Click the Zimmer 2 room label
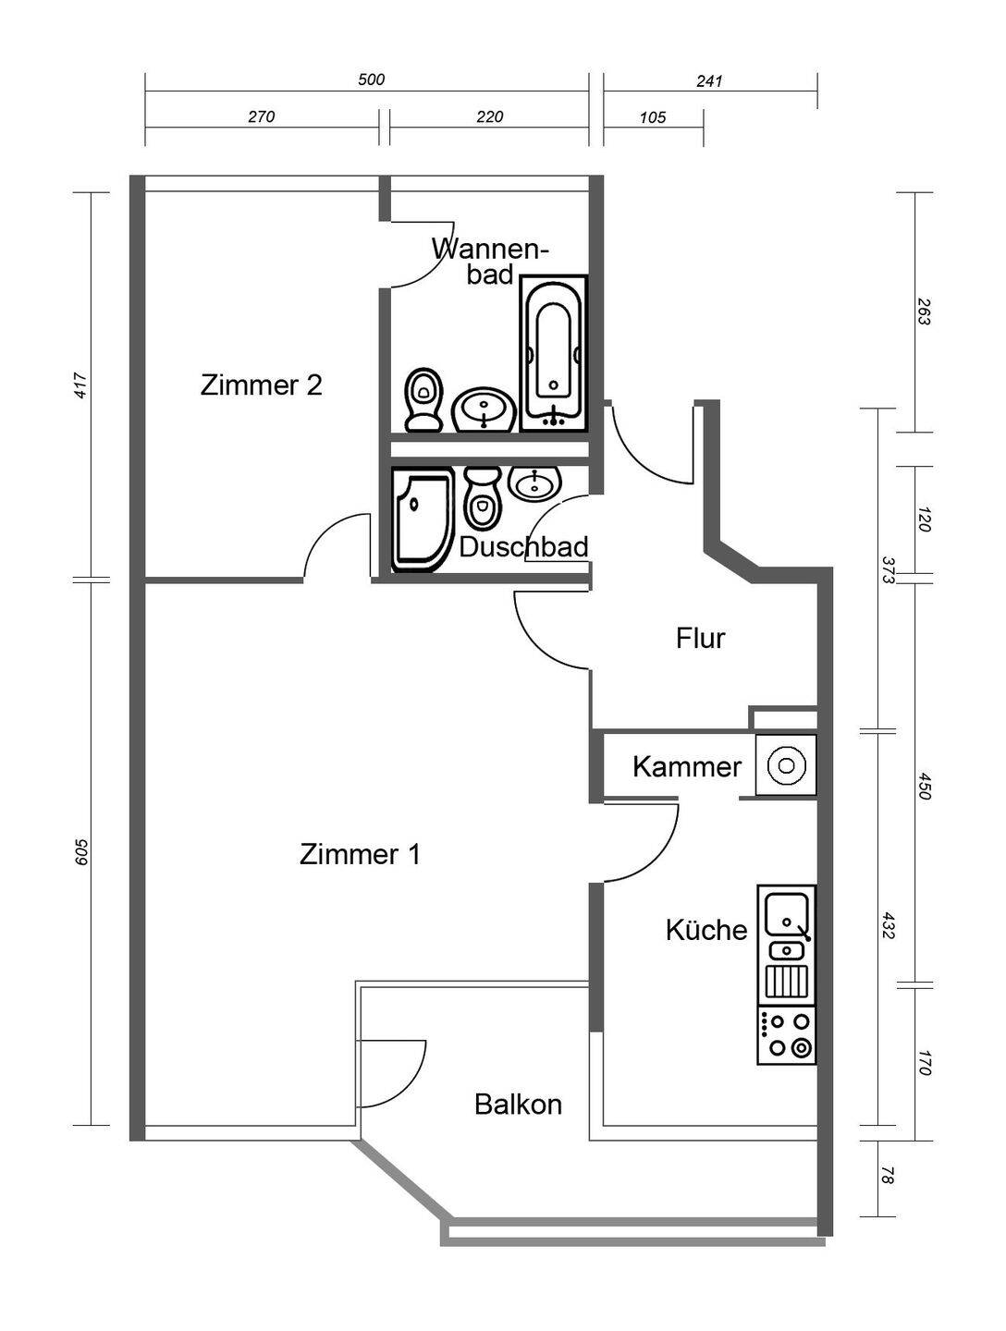coord(261,385)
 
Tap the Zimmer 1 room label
coord(360,855)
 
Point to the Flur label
coord(700,639)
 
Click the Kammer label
coord(687,767)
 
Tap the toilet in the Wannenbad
coord(423,399)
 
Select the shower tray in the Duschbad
coord(423,519)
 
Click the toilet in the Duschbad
coord(482,497)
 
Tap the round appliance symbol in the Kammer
coord(787,765)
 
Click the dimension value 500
coord(371,79)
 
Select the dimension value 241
coord(709,80)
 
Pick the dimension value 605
coord(82,852)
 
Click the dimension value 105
coord(653,117)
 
